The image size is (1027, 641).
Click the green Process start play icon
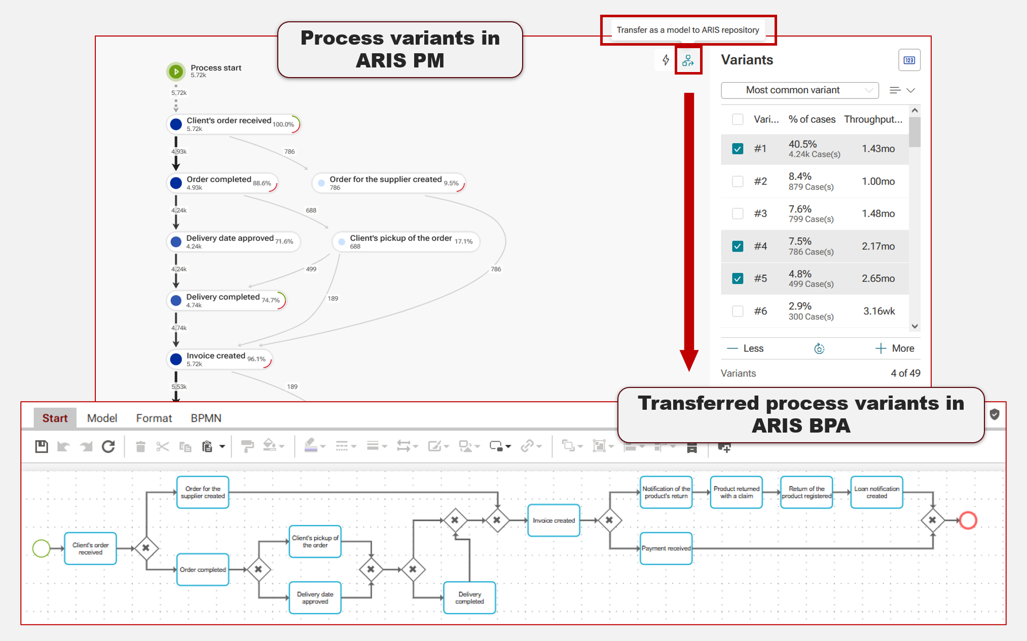176,72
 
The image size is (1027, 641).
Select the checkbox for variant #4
738,246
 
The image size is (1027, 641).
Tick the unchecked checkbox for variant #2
738,181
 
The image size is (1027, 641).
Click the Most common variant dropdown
799,90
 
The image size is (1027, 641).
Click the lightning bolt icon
666,60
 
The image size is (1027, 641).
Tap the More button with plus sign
895,348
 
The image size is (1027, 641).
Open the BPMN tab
206,418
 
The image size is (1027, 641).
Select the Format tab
154,418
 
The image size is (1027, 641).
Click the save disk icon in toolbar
42,446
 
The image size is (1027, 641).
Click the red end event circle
968,520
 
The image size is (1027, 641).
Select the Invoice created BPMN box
554,520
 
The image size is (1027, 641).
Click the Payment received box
666,548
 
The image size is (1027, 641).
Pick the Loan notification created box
876,492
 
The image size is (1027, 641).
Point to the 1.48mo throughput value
878,213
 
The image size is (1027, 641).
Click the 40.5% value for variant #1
802,145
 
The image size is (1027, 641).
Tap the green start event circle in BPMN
41,548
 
